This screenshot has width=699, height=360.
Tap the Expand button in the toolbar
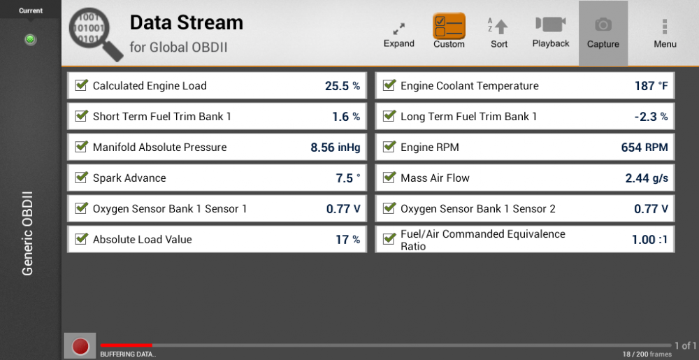pyautogui.click(x=399, y=29)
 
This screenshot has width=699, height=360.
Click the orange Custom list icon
pyautogui.click(x=449, y=25)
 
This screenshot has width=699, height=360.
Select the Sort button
pyautogui.click(x=498, y=26)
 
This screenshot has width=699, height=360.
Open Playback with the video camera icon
pyautogui.click(x=551, y=24)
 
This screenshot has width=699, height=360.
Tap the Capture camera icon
pyautogui.click(x=603, y=24)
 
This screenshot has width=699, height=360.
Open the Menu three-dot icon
pyautogui.click(x=665, y=27)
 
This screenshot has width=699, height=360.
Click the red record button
pyautogui.click(x=80, y=346)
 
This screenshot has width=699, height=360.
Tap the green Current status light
pyautogui.click(x=30, y=40)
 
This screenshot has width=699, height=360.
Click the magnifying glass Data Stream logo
pyautogui.click(x=96, y=34)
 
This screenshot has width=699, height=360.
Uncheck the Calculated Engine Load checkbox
pyautogui.click(x=81, y=85)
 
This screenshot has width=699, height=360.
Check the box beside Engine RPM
pyautogui.click(x=389, y=146)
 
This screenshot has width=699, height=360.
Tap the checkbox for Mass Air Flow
pyautogui.click(x=389, y=177)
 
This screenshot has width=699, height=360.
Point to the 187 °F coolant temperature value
pyautogui.click(x=651, y=86)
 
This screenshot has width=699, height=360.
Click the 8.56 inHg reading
pyautogui.click(x=336, y=147)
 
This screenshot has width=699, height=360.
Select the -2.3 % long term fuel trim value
pyautogui.click(x=651, y=117)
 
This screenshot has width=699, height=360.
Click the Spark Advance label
pyautogui.click(x=129, y=178)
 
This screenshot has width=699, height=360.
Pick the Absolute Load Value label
pyautogui.click(x=142, y=240)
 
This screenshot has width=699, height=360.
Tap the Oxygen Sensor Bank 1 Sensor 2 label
pyautogui.click(x=478, y=209)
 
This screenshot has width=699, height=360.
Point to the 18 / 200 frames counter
pyautogui.click(x=646, y=354)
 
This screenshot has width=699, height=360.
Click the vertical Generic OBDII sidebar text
pyautogui.click(x=28, y=233)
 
